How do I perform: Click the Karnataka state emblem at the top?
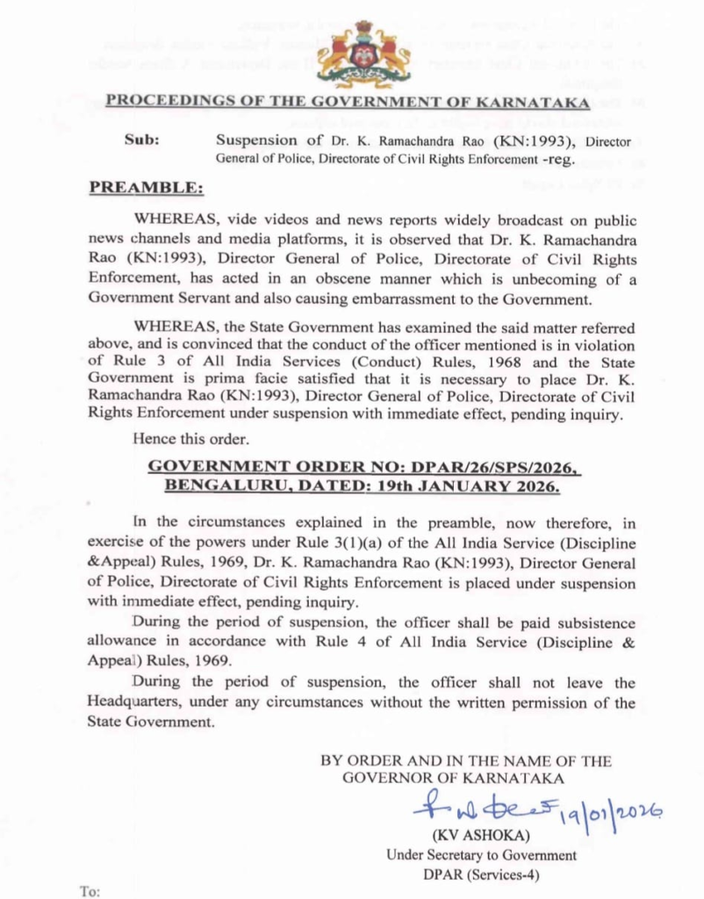(x=363, y=54)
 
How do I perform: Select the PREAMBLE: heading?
(x=146, y=188)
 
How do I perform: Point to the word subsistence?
(x=591, y=623)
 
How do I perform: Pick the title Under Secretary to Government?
(x=481, y=855)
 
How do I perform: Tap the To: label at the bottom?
(x=90, y=891)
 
